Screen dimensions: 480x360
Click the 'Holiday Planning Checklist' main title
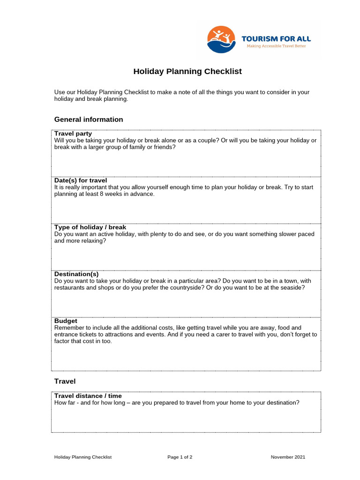(187, 72)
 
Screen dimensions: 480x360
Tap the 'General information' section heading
(89, 120)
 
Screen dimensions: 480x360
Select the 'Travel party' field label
(73, 134)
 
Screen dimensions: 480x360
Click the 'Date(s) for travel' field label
(81, 180)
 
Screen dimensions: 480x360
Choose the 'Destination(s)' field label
(76, 274)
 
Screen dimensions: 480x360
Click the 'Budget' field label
(66, 321)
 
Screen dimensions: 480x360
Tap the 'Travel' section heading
(65, 382)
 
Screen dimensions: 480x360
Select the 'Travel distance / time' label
(88, 396)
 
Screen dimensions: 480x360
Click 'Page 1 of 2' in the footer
(180, 457)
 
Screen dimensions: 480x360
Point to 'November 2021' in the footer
(288, 457)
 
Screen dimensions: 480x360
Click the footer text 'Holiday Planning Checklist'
(83, 457)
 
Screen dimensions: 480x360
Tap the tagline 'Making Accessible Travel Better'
(276, 46)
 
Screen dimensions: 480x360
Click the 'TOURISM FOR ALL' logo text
(276, 38)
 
